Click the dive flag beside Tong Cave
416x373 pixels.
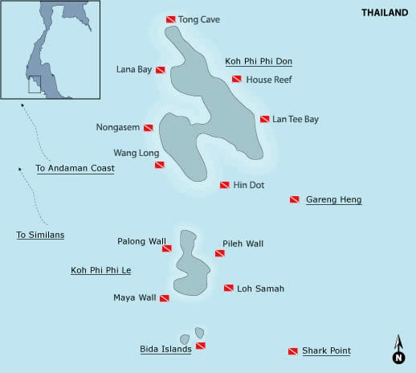(x=170, y=19)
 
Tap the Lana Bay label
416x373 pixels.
(x=134, y=69)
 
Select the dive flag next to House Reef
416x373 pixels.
(x=237, y=79)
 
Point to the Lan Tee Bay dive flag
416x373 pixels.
(x=264, y=119)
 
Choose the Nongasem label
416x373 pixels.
(x=118, y=127)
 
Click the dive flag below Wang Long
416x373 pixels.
(x=160, y=165)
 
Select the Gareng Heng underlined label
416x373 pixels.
(x=333, y=199)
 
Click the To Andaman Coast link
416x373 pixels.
(x=75, y=169)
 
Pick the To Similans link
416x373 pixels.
(x=40, y=235)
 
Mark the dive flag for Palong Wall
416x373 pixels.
(x=167, y=248)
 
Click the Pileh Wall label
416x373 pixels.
(x=243, y=243)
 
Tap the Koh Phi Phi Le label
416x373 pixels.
(x=100, y=270)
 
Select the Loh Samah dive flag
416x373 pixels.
(x=229, y=288)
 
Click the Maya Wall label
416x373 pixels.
(x=135, y=297)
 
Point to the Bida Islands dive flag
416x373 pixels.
(x=201, y=346)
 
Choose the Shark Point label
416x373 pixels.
(x=326, y=350)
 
